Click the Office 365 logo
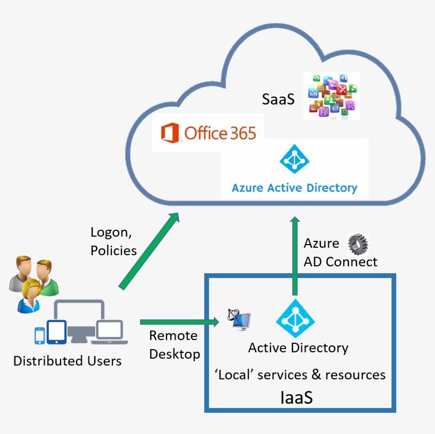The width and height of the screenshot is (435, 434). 208,133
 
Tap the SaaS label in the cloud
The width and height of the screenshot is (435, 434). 278,99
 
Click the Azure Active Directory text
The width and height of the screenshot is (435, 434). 294,188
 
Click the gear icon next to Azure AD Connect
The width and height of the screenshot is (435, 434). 358,245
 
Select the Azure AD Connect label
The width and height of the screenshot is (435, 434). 340,253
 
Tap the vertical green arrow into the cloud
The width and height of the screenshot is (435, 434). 295,255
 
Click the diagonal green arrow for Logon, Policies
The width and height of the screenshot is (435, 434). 149,252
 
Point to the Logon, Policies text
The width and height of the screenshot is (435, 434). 114,241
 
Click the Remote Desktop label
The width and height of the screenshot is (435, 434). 174,344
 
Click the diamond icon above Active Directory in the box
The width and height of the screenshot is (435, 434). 295,318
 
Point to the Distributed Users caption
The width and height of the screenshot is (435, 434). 67,361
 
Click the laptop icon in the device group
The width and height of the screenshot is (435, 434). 110,331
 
